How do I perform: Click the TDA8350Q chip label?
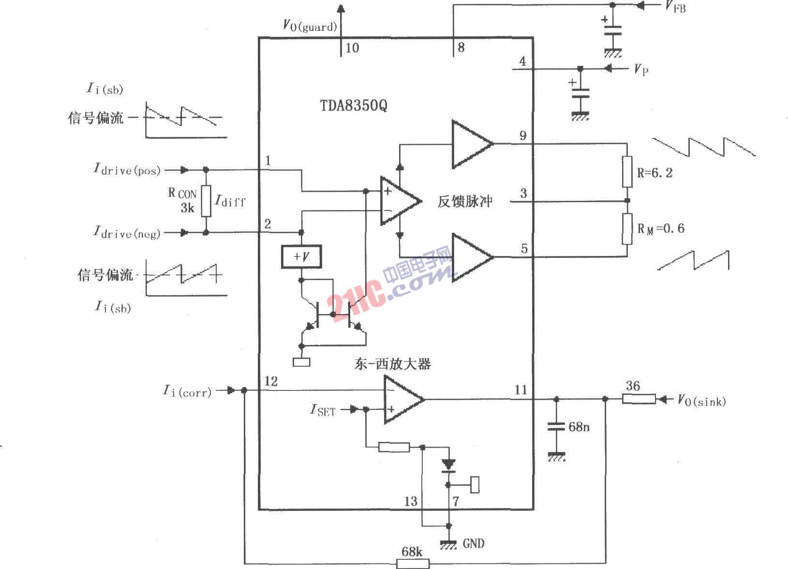353,105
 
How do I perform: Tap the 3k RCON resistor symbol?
206,201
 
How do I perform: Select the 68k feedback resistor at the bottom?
413,563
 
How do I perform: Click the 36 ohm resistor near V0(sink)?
639,399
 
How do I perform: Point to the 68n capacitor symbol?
556,427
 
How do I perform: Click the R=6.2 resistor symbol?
627,172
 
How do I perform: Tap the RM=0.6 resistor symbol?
627,229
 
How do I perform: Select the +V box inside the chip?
301,256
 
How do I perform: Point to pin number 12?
271,381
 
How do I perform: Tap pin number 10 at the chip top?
352,48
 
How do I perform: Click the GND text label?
473,543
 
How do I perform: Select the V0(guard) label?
310,25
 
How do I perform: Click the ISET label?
322,410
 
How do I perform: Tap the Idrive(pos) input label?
127,169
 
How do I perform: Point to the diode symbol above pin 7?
448,465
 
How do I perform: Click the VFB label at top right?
675,6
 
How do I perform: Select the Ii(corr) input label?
187,390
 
